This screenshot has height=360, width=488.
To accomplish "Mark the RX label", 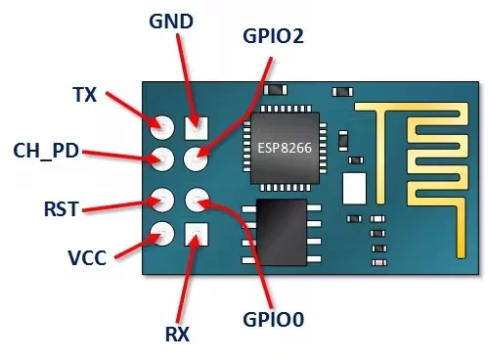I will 177,334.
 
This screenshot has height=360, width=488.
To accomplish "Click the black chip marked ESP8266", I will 287,148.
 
